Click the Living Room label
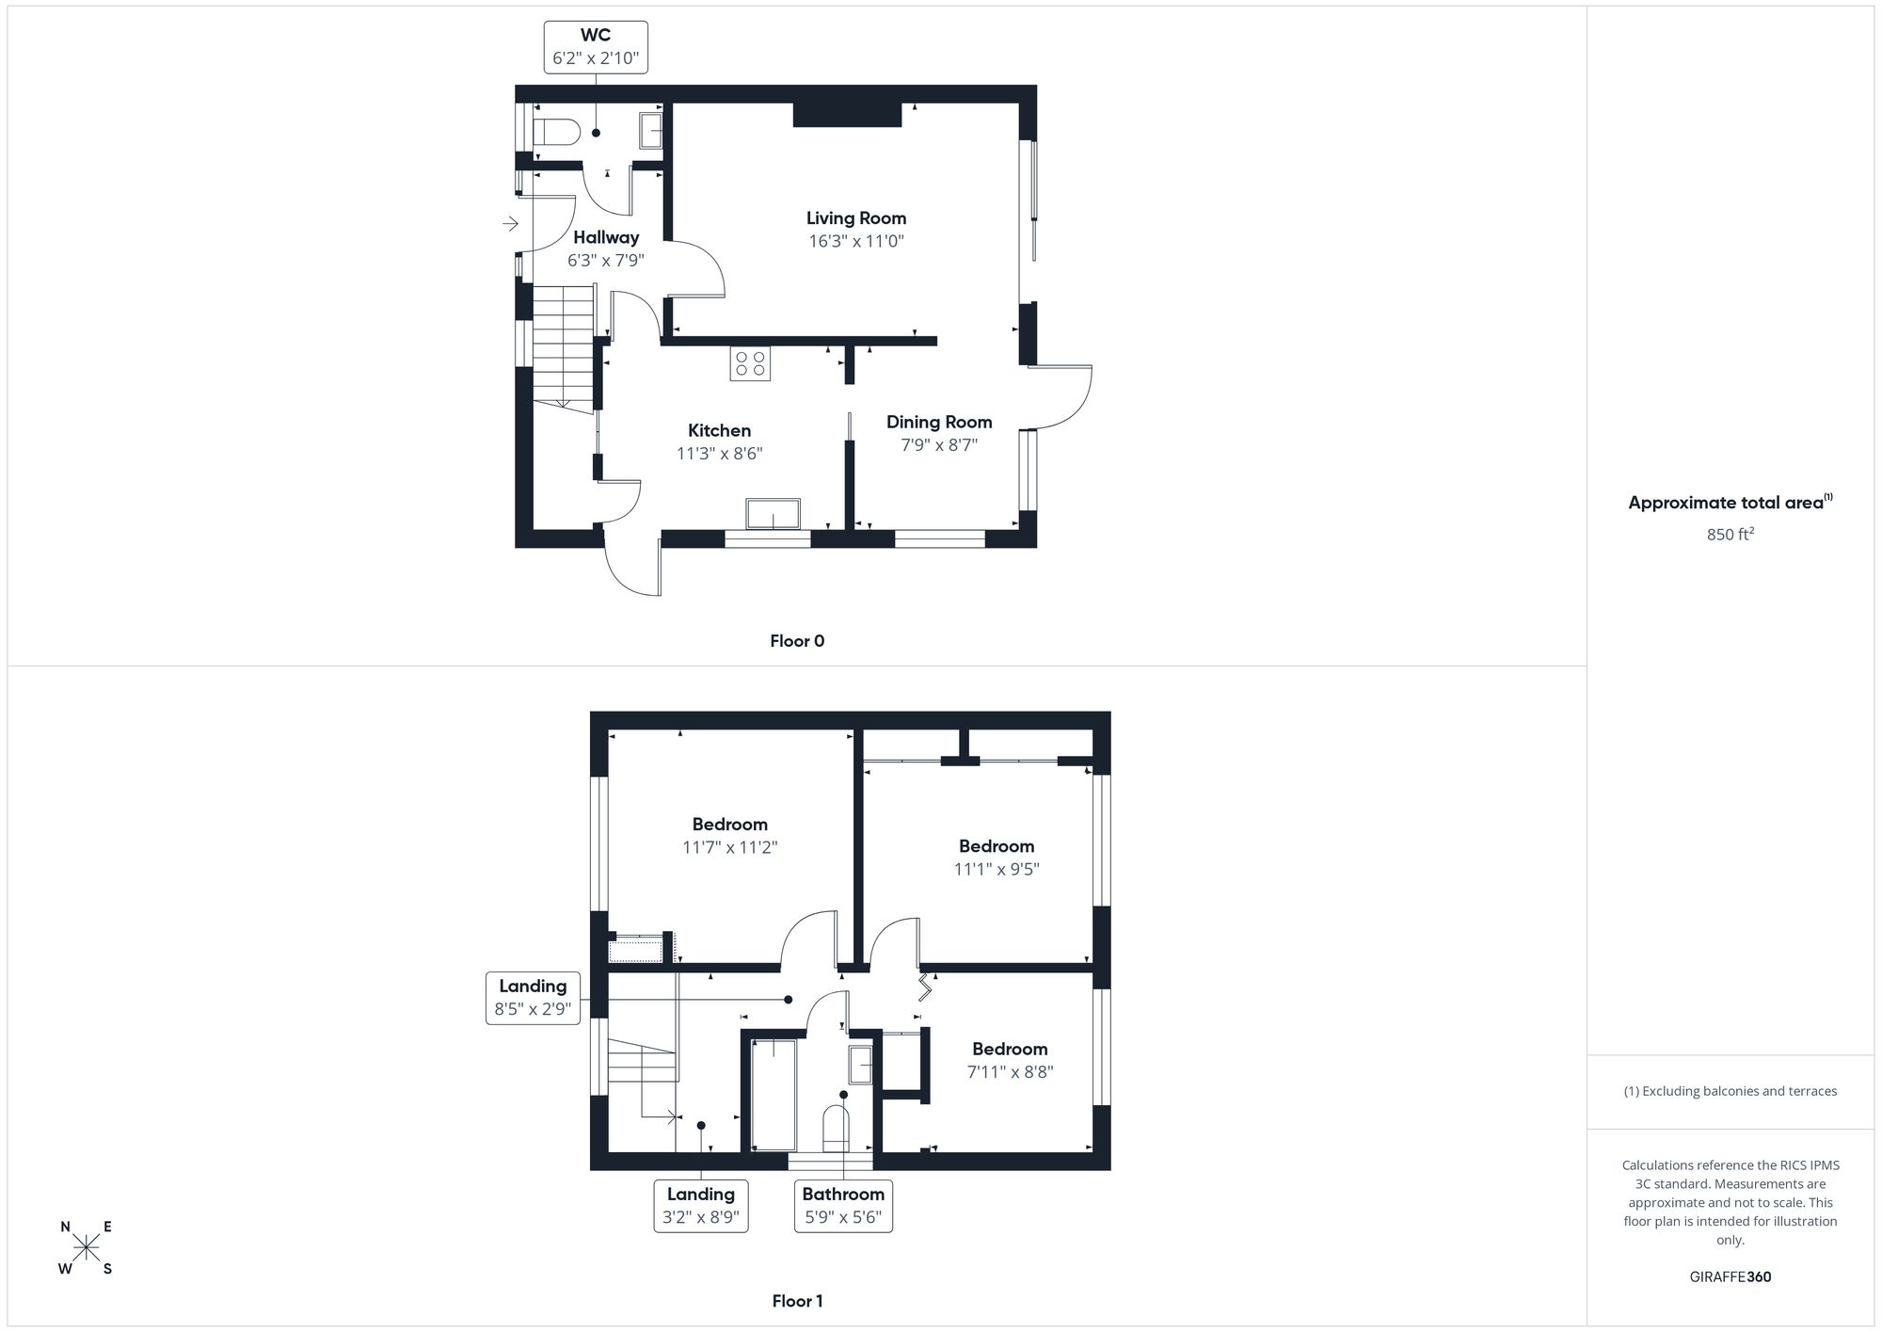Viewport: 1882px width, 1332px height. (x=855, y=218)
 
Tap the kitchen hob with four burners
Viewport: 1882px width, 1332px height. (x=750, y=364)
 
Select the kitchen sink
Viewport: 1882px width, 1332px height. (x=773, y=514)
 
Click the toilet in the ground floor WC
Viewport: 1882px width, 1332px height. (x=555, y=133)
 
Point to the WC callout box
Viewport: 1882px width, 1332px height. (x=596, y=47)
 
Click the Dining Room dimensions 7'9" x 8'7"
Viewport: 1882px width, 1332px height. (x=939, y=445)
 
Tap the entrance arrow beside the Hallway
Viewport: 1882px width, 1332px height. (x=510, y=224)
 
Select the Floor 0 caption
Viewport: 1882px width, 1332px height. (x=797, y=641)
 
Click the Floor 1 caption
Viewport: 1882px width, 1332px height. (x=797, y=1301)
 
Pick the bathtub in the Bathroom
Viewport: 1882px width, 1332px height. (x=774, y=1094)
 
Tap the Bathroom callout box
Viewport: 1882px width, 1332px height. (x=843, y=1206)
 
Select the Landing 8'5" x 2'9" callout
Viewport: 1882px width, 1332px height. (x=533, y=998)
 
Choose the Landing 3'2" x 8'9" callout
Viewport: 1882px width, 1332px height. (x=701, y=1206)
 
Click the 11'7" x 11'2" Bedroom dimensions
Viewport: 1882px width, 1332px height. (x=730, y=847)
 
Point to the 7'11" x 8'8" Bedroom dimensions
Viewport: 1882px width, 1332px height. (x=1010, y=1072)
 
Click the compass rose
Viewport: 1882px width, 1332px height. (x=87, y=1248)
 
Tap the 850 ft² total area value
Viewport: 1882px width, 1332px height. (x=1730, y=535)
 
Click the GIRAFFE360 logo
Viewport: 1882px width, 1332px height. (x=1730, y=1277)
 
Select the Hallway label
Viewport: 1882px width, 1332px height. (x=606, y=237)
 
